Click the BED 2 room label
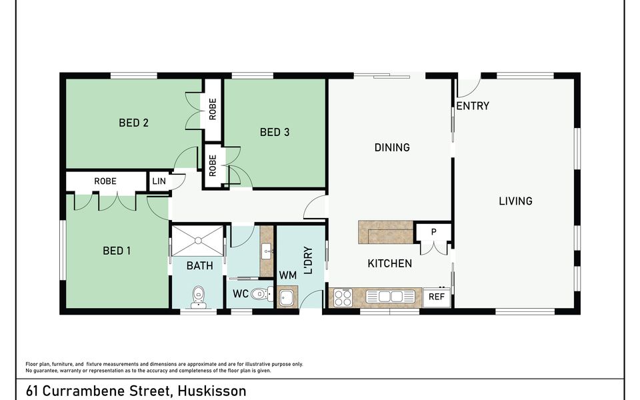[133, 123]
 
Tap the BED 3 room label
[275, 132]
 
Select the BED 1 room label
[117, 251]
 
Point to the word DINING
[392, 147]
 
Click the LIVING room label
[515, 201]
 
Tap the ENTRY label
[473, 106]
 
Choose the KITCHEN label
[390, 263]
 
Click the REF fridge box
[437, 297]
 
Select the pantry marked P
[433, 232]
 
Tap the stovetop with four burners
[343, 297]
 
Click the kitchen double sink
[390, 297]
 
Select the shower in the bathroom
[197, 241]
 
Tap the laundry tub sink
[287, 297]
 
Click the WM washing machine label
[288, 275]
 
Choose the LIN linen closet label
[159, 181]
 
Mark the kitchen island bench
[386, 232]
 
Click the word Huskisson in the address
[213, 391]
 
